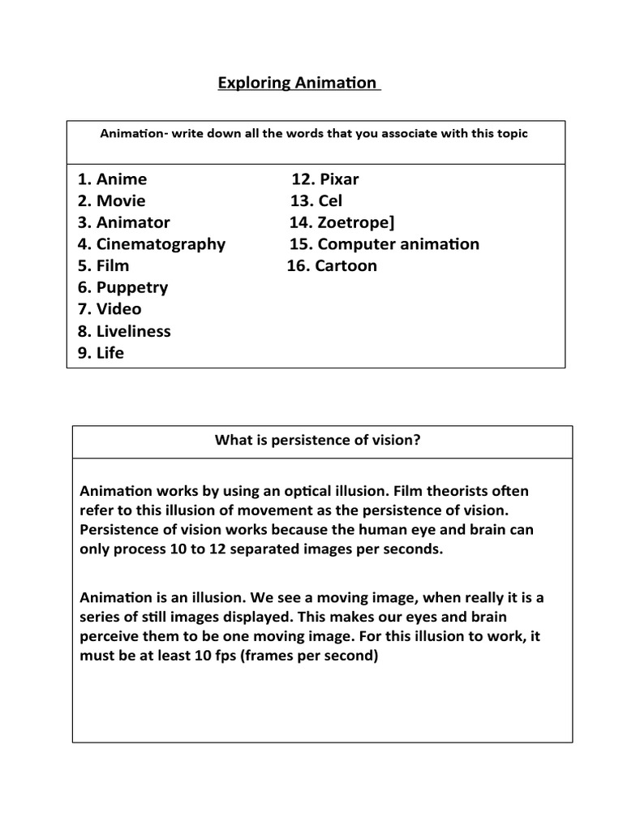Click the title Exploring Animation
[298, 83]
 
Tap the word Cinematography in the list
[161, 243]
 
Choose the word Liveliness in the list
[133, 331]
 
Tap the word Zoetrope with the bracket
[356, 222]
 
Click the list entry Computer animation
[397, 243]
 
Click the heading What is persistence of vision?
[317, 440]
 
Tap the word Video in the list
[118, 309]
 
